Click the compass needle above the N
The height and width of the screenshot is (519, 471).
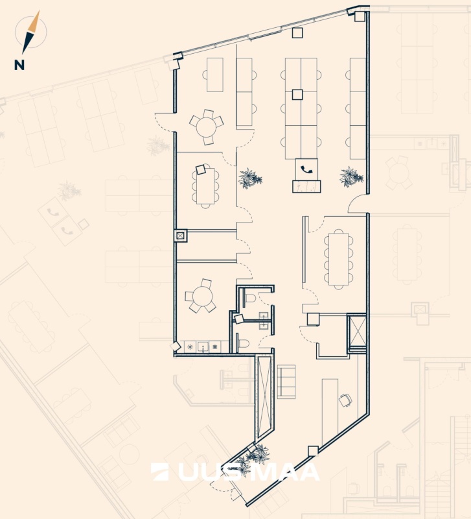click(30, 32)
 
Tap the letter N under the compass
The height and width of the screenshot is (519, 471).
click(20, 64)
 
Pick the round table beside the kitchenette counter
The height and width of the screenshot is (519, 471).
click(201, 297)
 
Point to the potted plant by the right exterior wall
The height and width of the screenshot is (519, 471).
click(350, 176)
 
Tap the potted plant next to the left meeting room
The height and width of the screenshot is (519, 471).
click(250, 177)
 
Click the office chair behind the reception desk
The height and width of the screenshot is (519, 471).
click(345, 400)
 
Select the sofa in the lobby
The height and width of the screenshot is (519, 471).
click(286, 381)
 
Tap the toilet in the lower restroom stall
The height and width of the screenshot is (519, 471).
click(241, 343)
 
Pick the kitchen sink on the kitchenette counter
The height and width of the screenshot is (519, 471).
click(203, 347)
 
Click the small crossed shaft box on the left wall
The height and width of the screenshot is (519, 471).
click(180, 236)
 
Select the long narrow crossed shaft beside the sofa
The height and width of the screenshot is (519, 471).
click(264, 396)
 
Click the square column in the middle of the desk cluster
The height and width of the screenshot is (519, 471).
click(297, 94)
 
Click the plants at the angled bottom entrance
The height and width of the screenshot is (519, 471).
click(251, 457)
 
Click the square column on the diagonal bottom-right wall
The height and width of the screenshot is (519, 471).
click(313, 450)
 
